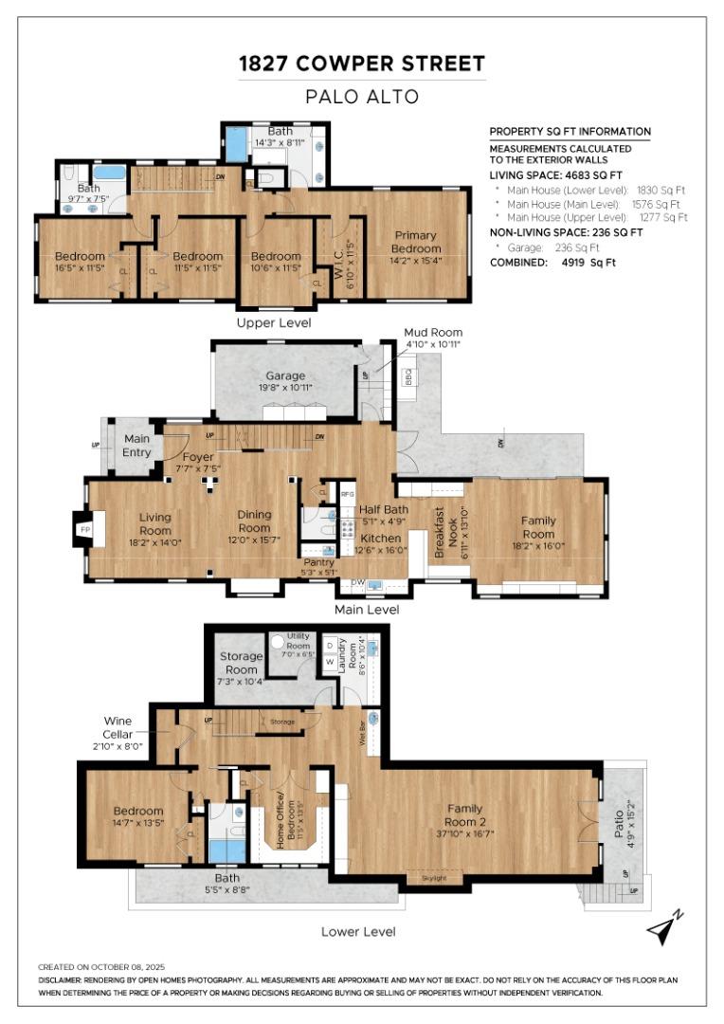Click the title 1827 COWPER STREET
point(361,64)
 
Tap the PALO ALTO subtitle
point(361,96)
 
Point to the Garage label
point(284,381)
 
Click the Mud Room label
point(433,338)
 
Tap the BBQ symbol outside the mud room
point(408,376)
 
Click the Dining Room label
point(254,521)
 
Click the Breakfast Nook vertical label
point(439,533)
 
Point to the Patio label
point(619,814)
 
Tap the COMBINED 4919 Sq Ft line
point(552,262)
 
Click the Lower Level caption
point(358,931)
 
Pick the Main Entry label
point(137,445)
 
